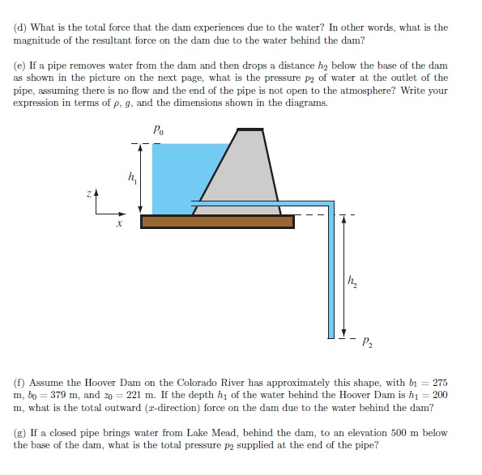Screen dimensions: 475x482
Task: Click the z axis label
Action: pos(92,194)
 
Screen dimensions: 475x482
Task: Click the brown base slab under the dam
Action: pos(217,221)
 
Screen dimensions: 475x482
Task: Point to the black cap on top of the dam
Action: pos(250,129)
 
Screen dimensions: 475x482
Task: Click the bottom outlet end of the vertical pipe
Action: pos(331,335)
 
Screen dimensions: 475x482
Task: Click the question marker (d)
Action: pos(20,28)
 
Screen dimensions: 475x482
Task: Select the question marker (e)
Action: pos(20,65)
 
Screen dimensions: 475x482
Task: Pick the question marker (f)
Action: pos(19,380)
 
